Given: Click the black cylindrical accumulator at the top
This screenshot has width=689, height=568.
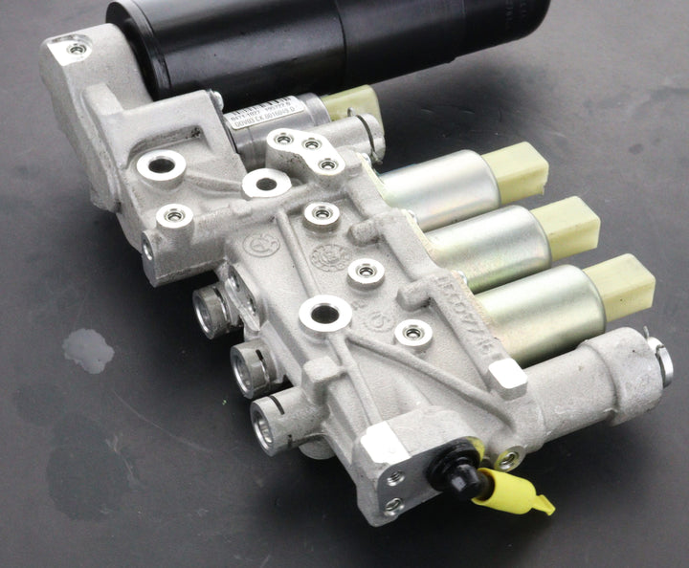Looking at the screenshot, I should tap(316, 43).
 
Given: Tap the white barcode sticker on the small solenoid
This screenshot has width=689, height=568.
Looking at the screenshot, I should tap(264, 112).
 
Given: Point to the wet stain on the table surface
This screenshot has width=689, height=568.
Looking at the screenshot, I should tap(88, 350).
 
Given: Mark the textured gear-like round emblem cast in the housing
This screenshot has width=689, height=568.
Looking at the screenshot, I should tap(330, 256).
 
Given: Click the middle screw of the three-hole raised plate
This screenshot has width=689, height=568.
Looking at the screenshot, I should tap(310, 145).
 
